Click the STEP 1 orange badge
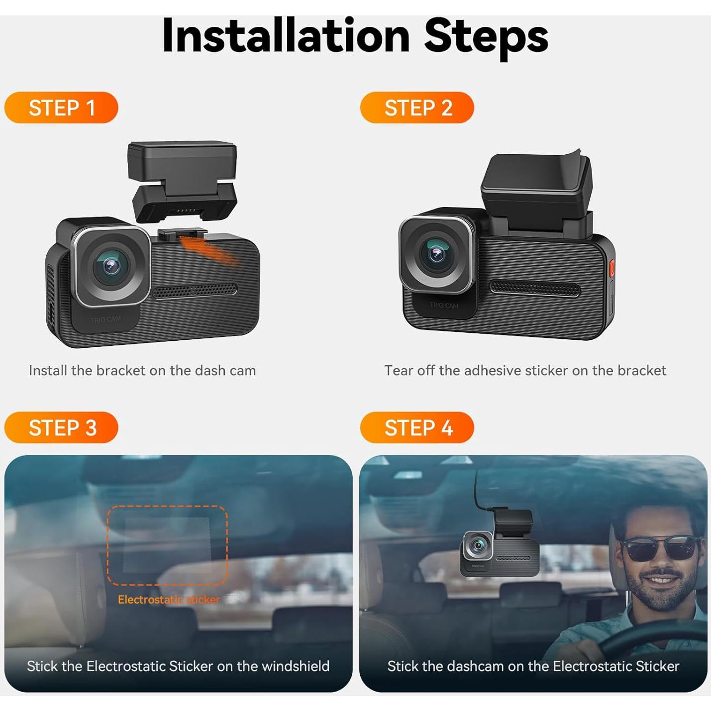pos(61,107)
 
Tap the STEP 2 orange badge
pos(417,107)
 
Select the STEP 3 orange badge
pos(61,427)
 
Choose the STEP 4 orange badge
pos(417,427)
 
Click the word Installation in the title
pos(286,36)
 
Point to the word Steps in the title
pos(486,36)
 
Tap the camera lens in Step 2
pos(436,254)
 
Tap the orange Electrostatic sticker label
pos(169,600)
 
